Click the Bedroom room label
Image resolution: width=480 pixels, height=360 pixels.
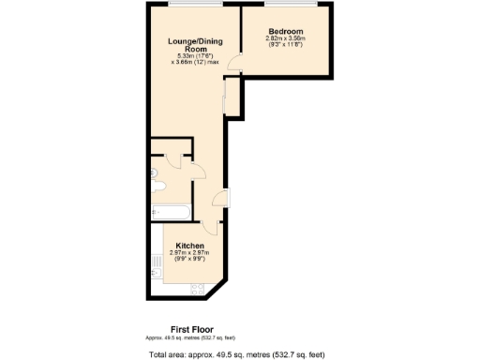285,31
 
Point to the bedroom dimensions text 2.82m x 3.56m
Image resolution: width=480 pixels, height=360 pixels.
285,38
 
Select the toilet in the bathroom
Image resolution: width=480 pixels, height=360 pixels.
154,174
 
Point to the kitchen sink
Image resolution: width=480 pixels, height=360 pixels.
156,272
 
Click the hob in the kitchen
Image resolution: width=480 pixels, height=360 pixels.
197,287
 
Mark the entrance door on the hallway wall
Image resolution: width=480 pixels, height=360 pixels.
221,199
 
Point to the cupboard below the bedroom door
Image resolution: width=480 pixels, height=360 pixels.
232,98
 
